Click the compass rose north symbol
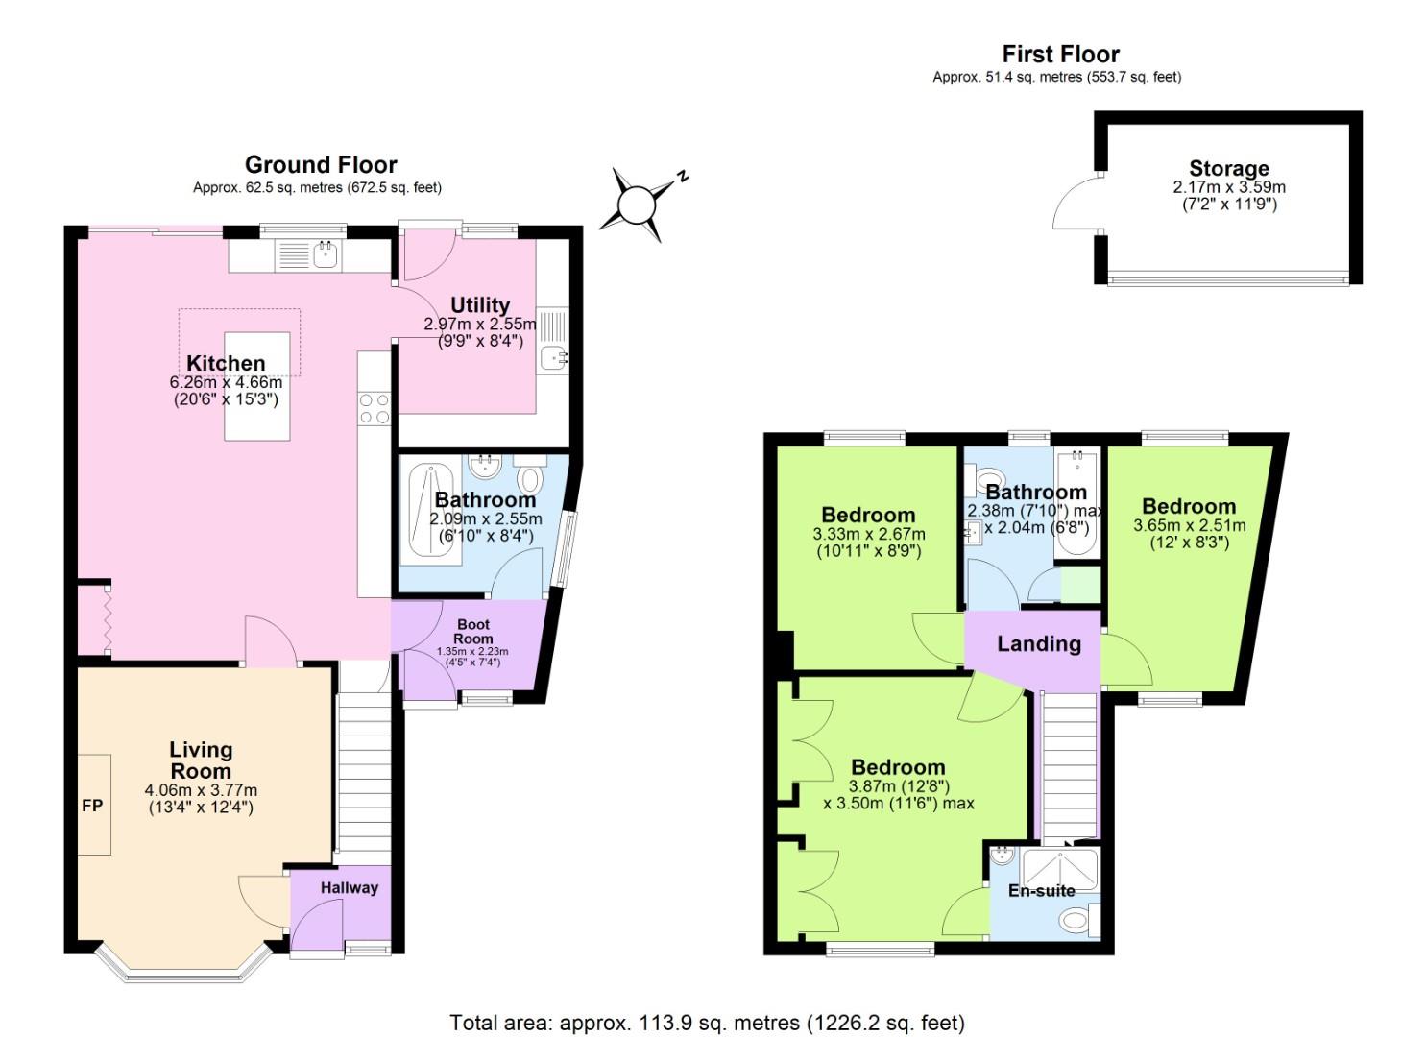(638, 205)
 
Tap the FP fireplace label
(91, 806)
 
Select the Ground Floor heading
(321, 165)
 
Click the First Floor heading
(1060, 54)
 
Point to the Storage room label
(1228, 169)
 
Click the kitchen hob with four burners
(374, 409)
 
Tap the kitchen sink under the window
(326, 256)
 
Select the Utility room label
(480, 305)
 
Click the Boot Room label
(473, 632)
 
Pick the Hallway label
(350, 888)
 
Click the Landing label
(1039, 644)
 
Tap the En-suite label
(1042, 891)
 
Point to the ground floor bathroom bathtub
(430, 511)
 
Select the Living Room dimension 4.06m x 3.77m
(201, 790)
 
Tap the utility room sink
(553, 358)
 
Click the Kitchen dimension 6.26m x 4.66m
(226, 382)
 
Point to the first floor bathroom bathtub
(1076, 503)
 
